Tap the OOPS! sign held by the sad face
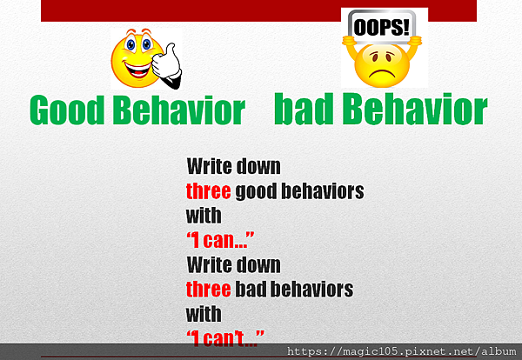[x=382, y=27]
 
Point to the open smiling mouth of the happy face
[x=136, y=70]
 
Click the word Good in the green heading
[x=67, y=110]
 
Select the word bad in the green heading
[x=304, y=108]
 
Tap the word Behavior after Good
[x=179, y=110]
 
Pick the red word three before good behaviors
[x=209, y=191]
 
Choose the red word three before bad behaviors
[x=209, y=290]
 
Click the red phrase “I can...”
[x=220, y=240]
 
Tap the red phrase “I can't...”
[x=225, y=338]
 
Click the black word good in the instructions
[x=256, y=192]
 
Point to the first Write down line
[x=234, y=166]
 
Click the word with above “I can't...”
[x=204, y=314]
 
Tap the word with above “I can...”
[x=204, y=216]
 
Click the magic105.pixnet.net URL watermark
[x=401, y=351]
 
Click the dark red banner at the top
[x=258, y=10]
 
